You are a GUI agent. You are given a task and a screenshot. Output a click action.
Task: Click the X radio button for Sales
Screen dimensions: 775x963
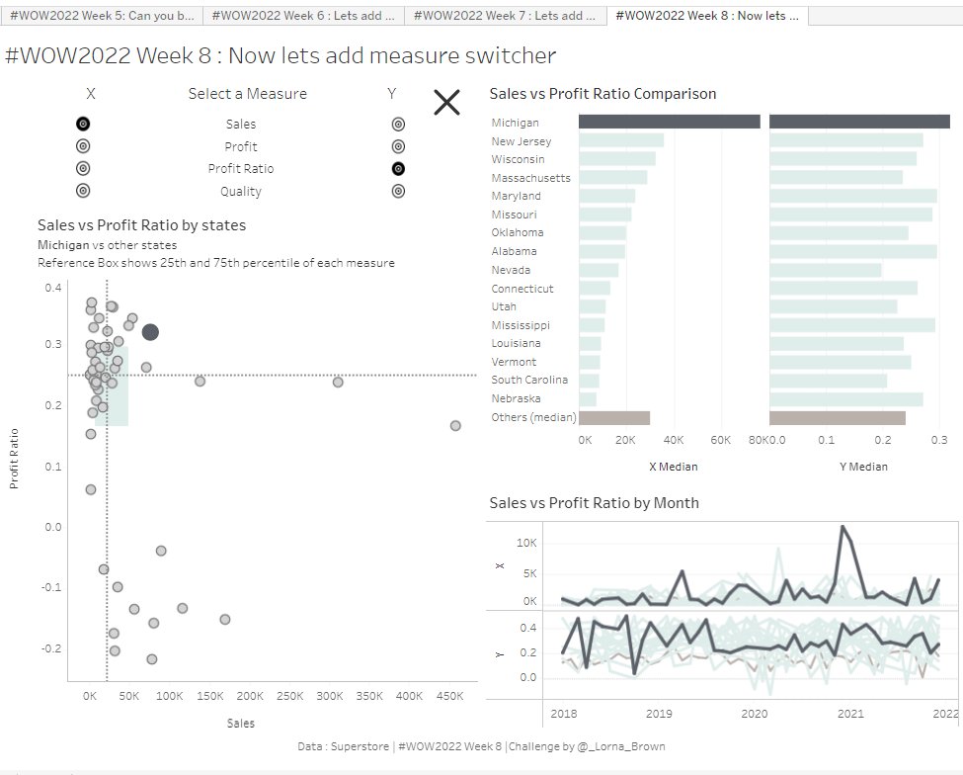[83, 124]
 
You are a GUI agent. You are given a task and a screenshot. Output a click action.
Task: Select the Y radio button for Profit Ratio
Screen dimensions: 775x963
[398, 168]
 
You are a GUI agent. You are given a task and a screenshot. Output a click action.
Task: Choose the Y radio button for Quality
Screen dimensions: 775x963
[398, 191]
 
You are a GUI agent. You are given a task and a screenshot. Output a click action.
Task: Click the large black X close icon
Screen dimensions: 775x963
[447, 102]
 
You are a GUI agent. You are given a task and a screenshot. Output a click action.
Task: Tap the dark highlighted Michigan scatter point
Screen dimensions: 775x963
[150, 332]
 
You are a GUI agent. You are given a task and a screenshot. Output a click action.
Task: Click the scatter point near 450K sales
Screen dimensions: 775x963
[455, 425]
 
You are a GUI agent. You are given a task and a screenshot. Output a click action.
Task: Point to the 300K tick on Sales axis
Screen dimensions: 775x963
[330, 696]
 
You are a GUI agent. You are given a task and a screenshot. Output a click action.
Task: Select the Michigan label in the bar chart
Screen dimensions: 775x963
[516, 123]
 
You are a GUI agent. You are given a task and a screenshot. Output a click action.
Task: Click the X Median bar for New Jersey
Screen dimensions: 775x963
[620, 141]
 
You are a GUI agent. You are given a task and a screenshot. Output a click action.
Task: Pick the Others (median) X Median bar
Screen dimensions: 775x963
[613, 418]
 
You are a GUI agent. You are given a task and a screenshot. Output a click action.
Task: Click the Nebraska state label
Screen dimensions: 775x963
[516, 398]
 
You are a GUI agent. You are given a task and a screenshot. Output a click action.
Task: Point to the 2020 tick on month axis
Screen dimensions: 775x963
[755, 713]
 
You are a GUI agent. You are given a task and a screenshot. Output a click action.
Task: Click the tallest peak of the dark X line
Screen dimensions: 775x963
[843, 527]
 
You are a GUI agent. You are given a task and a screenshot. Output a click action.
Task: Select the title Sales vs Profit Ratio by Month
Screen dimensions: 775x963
[594, 503]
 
